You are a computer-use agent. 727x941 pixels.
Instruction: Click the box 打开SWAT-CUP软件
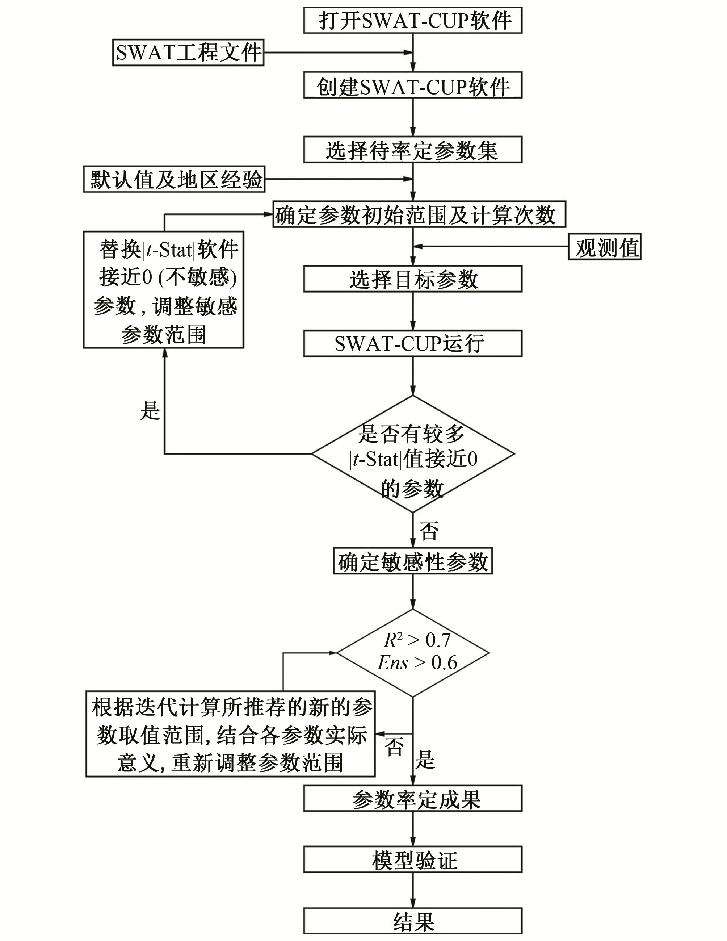413,20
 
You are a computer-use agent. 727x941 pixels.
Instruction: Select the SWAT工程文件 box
188,53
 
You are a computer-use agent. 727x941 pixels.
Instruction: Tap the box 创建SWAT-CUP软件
413,85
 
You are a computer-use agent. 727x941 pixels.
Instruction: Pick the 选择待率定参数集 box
413,150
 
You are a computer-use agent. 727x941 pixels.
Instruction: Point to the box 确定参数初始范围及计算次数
419,214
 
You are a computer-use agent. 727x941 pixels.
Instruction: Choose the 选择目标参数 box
413,279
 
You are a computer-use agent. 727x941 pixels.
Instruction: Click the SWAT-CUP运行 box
413,344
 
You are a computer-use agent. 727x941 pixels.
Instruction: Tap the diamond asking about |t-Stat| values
413,454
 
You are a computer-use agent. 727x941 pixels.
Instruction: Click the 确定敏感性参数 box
413,561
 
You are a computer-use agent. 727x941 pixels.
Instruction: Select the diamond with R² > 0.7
413,652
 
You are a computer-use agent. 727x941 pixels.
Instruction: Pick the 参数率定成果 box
413,798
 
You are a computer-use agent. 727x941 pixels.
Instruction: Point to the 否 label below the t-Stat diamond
429,531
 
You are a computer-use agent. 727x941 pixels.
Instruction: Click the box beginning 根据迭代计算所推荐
230,734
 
